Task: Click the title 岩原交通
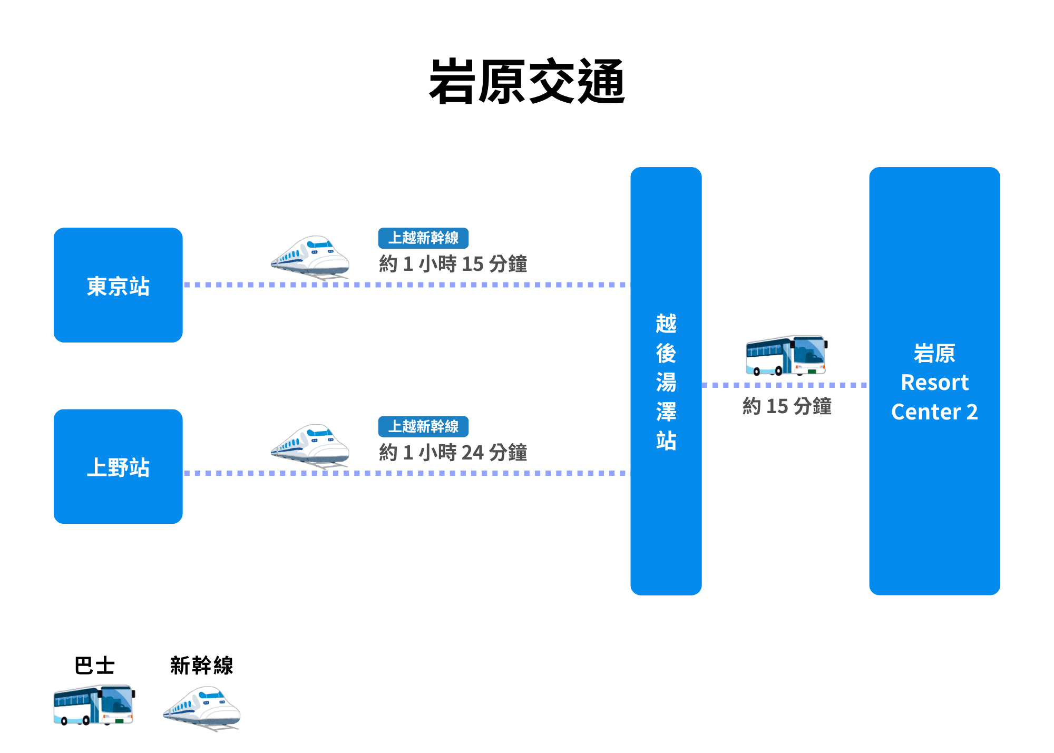point(527,82)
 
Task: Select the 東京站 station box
point(118,285)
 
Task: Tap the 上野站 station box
point(118,466)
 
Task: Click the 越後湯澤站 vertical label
point(666,382)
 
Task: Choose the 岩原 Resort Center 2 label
point(934,382)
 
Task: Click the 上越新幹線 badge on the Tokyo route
point(423,238)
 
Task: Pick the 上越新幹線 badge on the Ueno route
point(423,427)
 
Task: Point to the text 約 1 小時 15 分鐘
point(453,264)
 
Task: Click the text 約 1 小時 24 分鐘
point(453,453)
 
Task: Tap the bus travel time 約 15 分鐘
point(787,406)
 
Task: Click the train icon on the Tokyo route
point(310,257)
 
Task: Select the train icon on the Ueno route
point(310,446)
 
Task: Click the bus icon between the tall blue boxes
point(786,355)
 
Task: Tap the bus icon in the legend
point(94,705)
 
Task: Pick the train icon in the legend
point(202,708)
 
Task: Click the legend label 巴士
point(94,666)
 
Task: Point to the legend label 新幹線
point(201,666)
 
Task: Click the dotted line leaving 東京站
point(474,285)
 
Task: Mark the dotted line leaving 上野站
point(474,473)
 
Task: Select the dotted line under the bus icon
point(785,385)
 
